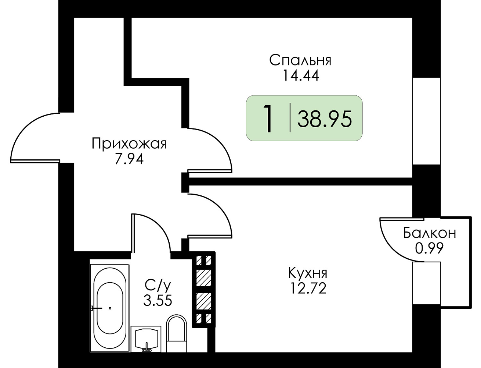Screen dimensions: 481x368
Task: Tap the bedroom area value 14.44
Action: pyautogui.click(x=301, y=75)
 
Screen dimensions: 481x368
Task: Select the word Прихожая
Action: pyautogui.click(x=129, y=144)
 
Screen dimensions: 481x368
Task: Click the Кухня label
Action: pyautogui.click(x=308, y=273)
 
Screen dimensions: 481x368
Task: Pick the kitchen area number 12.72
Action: pyautogui.click(x=308, y=288)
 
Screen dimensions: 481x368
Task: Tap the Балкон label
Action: pyautogui.click(x=430, y=233)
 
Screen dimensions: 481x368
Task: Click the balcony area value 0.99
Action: pyautogui.click(x=429, y=248)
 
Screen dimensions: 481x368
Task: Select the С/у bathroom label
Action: pyautogui.click(x=158, y=286)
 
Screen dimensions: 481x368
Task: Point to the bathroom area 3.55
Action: pyautogui.click(x=158, y=300)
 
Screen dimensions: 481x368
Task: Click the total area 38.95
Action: pyautogui.click(x=324, y=119)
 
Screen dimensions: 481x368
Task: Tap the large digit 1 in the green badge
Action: pyautogui.click(x=268, y=118)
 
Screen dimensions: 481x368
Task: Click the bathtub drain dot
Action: pyautogui.click(x=110, y=308)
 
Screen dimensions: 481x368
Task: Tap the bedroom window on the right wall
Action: pyautogui.click(x=426, y=121)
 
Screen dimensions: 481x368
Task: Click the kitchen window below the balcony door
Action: pyautogui.click(x=426, y=283)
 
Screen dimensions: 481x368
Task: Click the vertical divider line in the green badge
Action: pyautogui.click(x=290, y=117)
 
